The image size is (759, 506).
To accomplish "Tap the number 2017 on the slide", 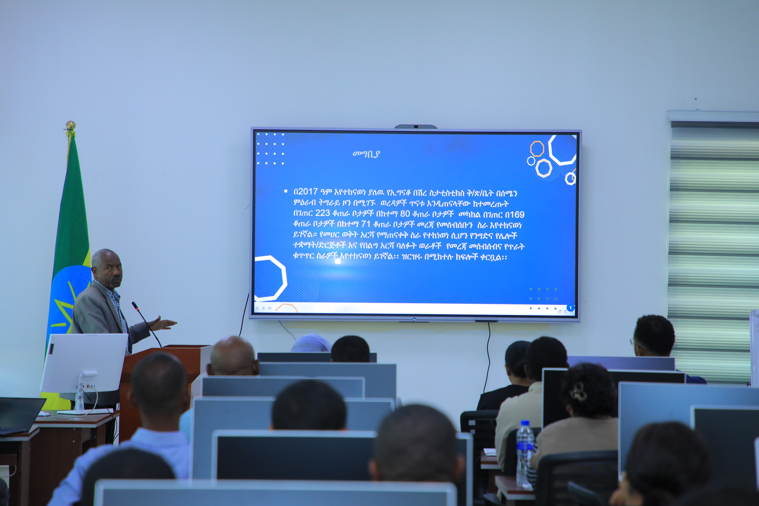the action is tap(308, 192).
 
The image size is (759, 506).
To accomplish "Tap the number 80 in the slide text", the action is tap(405, 214).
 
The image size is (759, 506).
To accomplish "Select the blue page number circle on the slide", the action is tap(570, 308).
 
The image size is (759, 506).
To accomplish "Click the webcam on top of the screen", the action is tap(416, 126).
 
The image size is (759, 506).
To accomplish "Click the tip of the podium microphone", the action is tap(133, 303).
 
